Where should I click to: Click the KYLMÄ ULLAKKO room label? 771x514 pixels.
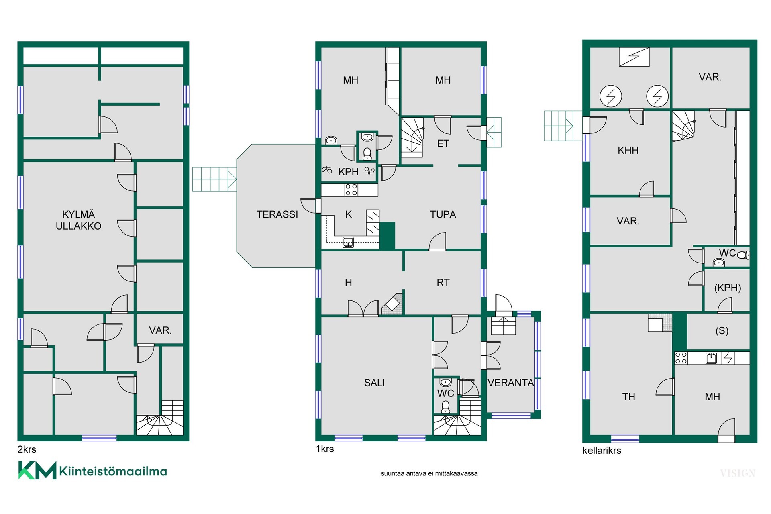[78, 220]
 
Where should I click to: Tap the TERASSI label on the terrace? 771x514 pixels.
[277, 214]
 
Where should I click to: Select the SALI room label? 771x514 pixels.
[374, 383]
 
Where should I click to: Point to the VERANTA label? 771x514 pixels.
[510, 383]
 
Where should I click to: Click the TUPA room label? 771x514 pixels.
[443, 214]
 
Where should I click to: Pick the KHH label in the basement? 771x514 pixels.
[628, 150]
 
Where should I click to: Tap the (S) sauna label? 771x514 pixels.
[722, 330]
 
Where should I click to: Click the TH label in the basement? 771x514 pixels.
[628, 397]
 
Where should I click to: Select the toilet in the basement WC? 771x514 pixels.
[743, 255]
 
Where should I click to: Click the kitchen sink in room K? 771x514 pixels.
[348, 242]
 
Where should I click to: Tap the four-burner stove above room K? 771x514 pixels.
[351, 190]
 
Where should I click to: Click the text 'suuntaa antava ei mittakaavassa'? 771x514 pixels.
[429, 473]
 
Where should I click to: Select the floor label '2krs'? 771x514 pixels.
[27, 449]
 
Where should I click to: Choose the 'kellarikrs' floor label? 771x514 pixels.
[602, 451]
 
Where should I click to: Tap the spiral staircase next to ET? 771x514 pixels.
[412, 137]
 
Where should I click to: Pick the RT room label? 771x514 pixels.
[443, 283]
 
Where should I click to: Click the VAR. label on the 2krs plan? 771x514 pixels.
[160, 330]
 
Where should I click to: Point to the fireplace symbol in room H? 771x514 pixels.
[392, 303]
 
